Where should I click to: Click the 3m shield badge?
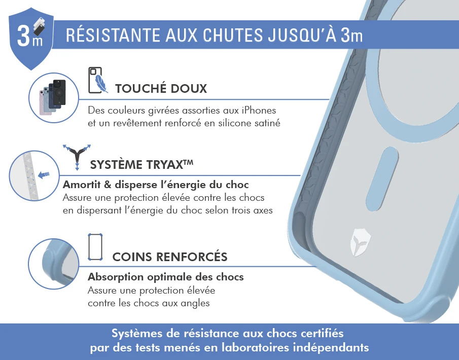pyautogui.click(x=31, y=39)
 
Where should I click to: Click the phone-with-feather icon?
pyautogui.click(x=97, y=80)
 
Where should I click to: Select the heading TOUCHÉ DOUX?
pyautogui.click(x=161, y=88)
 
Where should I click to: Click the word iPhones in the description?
pyautogui.click(x=259, y=111)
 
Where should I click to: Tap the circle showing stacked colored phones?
pyautogui.click(x=54, y=98)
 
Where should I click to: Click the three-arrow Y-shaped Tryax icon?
pyautogui.click(x=77, y=157)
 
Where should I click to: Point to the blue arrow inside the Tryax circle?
pyautogui.click(x=44, y=175)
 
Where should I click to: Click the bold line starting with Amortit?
pyautogui.click(x=156, y=185)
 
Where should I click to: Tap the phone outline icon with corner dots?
pyautogui.click(x=95, y=247)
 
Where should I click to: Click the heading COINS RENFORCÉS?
pyautogui.click(x=170, y=257)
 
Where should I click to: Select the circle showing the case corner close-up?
pyautogui.click(x=54, y=264)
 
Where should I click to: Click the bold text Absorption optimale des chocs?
pyautogui.click(x=166, y=277)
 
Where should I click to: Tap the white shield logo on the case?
pyautogui.click(x=360, y=242)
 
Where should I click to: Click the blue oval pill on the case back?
pyautogui.click(x=382, y=179)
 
